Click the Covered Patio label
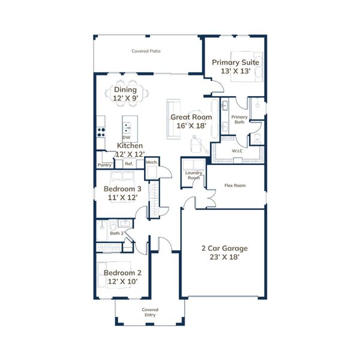146,51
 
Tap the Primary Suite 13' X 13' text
235,67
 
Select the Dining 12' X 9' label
125,94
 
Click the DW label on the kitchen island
126,137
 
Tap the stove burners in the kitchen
101,132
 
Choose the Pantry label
104,165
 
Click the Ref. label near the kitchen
129,164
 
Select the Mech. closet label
152,162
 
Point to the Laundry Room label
194,175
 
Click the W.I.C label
237,151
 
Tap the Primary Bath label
239,119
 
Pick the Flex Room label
235,185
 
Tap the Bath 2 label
116,233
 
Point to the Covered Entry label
150,312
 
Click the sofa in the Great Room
173,119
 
